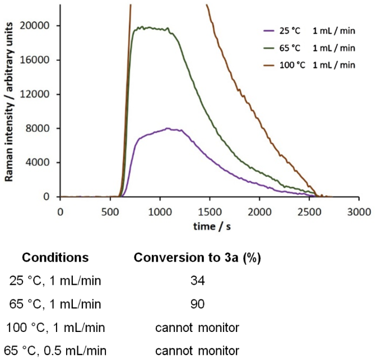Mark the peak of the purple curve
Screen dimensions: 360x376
(x=168, y=128)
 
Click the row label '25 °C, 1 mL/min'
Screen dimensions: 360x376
(x=55, y=281)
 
